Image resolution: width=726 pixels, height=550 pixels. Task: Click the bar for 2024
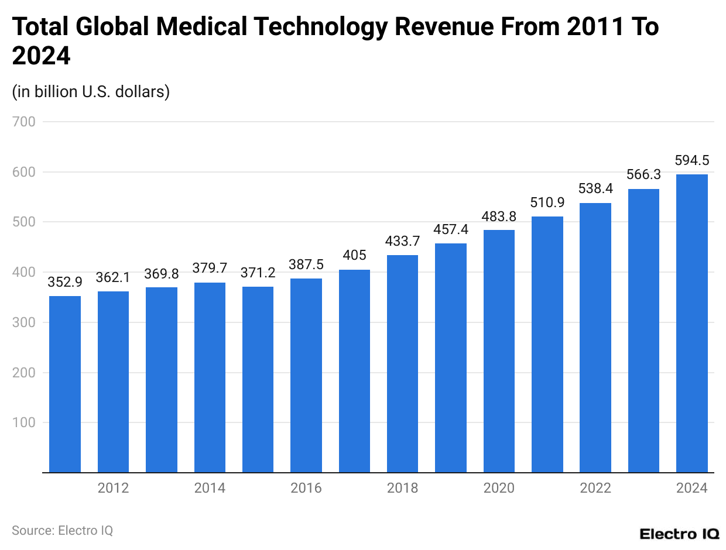click(691, 323)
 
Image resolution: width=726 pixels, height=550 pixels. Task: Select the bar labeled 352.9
click(65, 384)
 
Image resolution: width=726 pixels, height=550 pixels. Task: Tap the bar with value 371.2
click(258, 379)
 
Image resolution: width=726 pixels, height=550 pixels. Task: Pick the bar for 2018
click(402, 363)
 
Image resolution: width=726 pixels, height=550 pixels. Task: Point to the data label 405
click(354, 256)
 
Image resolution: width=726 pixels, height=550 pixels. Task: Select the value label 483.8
click(499, 216)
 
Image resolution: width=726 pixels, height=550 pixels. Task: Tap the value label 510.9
click(547, 202)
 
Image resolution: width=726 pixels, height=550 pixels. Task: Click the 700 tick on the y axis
click(23, 122)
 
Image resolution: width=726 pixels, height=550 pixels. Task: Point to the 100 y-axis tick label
click(23, 422)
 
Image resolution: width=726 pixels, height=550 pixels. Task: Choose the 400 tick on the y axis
click(23, 272)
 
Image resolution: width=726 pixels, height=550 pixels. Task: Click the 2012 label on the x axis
click(113, 488)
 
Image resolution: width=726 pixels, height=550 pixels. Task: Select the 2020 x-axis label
click(499, 488)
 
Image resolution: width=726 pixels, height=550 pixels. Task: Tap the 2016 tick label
click(306, 488)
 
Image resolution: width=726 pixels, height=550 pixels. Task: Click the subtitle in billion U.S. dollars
click(91, 92)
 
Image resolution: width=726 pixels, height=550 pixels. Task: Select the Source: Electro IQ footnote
click(62, 530)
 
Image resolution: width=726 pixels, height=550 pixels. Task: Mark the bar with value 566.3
click(643, 331)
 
